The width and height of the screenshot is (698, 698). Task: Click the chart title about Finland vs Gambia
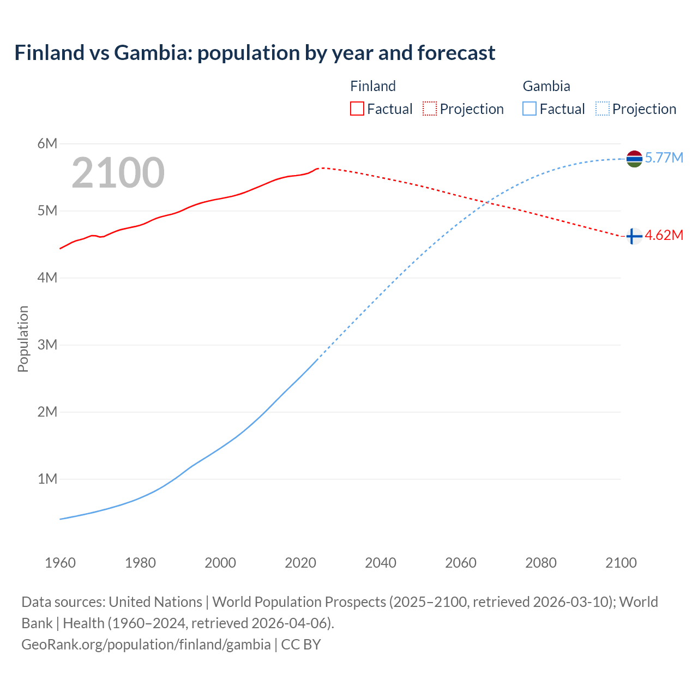[x=255, y=53]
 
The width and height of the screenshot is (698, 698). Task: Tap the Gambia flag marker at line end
[x=634, y=159]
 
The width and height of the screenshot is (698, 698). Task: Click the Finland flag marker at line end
[x=633, y=236]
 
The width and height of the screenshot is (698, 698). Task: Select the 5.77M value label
[x=664, y=158]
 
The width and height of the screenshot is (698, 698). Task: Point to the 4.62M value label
[x=664, y=236]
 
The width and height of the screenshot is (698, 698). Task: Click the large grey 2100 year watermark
[x=118, y=173]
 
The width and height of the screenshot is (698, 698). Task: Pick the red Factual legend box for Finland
[x=357, y=109]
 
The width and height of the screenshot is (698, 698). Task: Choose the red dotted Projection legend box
[x=430, y=109]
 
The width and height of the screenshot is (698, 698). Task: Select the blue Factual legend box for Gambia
[x=529, y=109]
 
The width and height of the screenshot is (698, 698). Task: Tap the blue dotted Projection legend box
[x=602, y=109]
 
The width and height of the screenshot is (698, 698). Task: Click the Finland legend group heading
[x=373, y=86]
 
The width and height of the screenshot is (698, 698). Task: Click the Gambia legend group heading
[x=546, y=86]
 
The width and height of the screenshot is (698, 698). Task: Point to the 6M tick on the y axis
[x=47, y=144]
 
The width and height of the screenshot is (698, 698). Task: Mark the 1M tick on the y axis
[x=47, y=479]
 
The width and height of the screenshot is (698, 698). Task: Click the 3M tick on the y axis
[x=47, y=345]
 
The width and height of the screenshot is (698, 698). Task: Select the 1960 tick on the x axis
[x=60, y=563]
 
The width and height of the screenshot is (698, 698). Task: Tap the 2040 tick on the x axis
[x=381, y=563]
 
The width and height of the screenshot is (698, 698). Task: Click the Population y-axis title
[x=23, y=339]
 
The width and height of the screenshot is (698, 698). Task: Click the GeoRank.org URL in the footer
[x=146, y=645]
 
